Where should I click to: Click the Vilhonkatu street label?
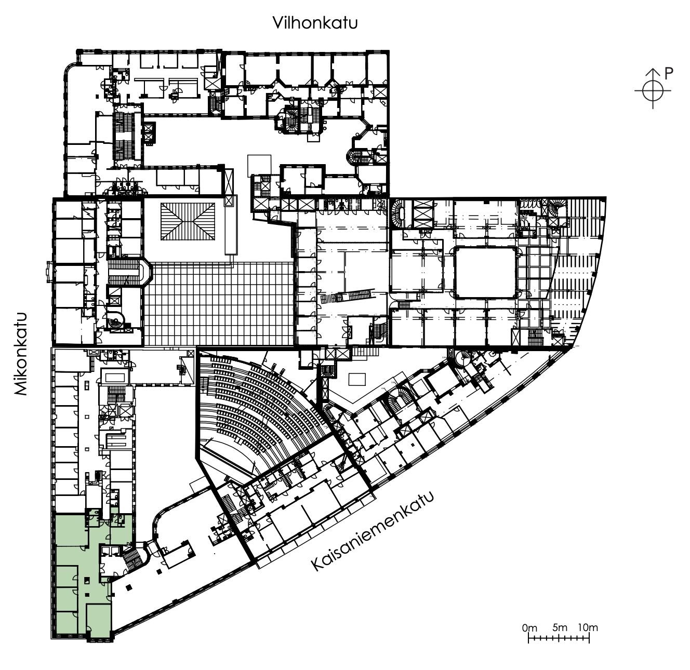[315, 23]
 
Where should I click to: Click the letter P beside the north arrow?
[668, 74]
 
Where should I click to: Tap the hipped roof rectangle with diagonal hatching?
[188, 221]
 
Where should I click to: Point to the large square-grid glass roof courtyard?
[219, 303]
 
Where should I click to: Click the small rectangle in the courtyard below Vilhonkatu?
[259, 166]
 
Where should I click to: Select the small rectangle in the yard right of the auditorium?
[357, 379]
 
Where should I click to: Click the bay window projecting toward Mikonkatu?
[50, 272]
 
